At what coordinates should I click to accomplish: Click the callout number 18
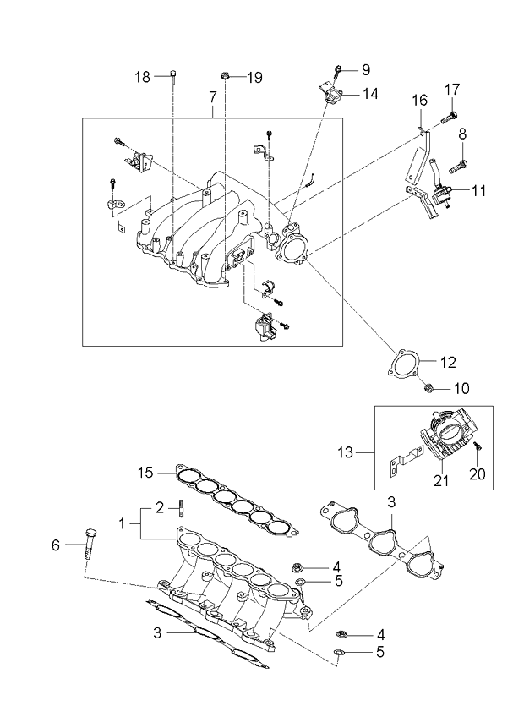142,77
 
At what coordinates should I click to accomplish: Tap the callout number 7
212,99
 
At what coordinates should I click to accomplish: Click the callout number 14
370,94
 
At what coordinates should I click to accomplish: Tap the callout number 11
478,191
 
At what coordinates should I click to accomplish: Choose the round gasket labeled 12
403,365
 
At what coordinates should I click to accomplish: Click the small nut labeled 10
429,389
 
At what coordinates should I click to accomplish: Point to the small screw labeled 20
477,446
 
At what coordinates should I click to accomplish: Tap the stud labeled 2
181,510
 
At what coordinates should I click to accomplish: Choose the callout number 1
123,523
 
